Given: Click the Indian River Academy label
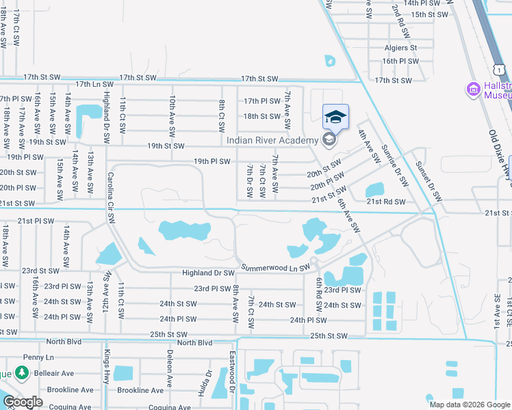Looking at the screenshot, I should click(x=272, y=140).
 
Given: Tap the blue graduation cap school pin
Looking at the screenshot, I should click(x=335, y=118).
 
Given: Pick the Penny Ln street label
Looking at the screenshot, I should click(x=37, y=357).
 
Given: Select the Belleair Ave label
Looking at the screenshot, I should click(x=55, y=374).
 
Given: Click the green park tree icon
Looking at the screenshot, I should click(x=22, y=373).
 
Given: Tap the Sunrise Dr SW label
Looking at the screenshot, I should click(x=394, y=166).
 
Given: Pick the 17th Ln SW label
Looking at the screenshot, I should click(x=94, y=84).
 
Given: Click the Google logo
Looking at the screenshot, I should click(x=23, y=402).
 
